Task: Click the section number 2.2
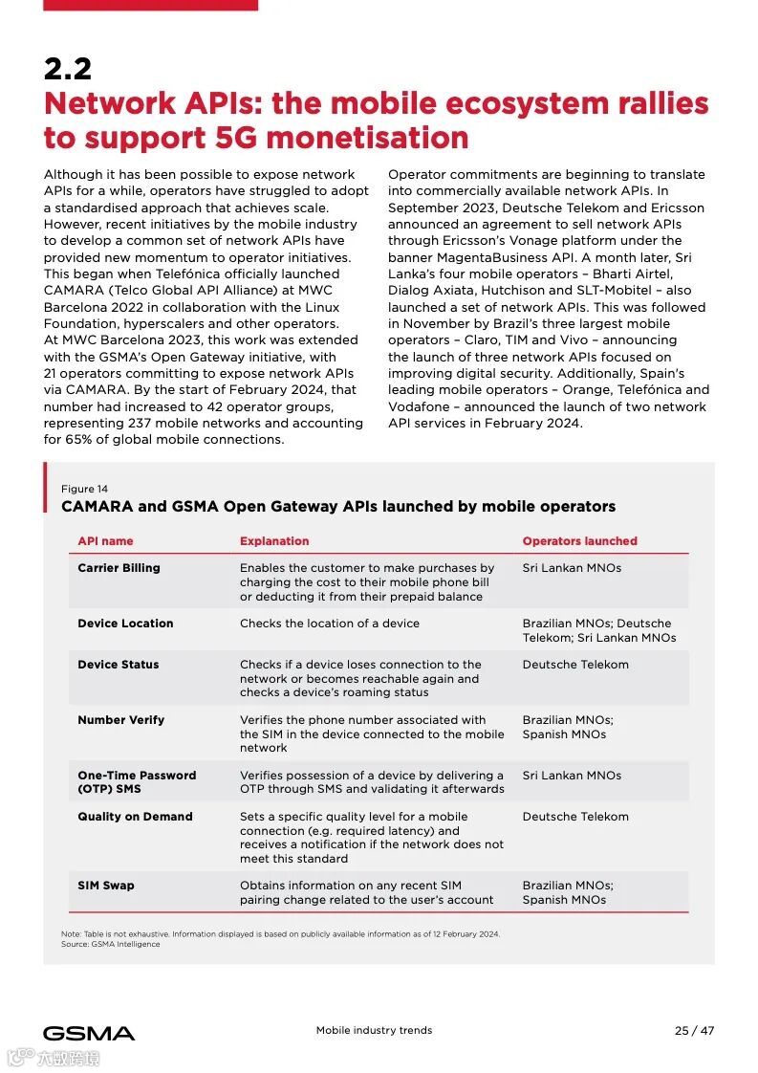pyautogui.click(x=67, y=70)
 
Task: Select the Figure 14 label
pyautogui.click(x=84, y=489)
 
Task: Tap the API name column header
pyautogui.click(x=105, y=541)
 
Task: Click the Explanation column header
pyautogui.click(x=274, y=541)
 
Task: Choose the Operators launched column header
pyautogui.click(x=579, y=541)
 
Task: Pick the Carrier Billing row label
pyautogui.click(x=119, y=568)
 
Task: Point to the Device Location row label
pyautogui.click(x=125, y=624)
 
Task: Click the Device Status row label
pyautogui.click(x=119, y=665)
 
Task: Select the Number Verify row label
pyautogui.click(x=120, y=720)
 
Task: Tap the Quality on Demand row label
pyautogui.click(x=135, y=817)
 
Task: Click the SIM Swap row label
pyautogui.click(x=105, y=886)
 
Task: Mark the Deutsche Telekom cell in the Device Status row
pyautogui.click(x=575, y=665)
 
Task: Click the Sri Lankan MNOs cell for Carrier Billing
pyautogui.click(x=572, y=568)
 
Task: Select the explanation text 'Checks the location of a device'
pyautogui.click(x=330, y=624)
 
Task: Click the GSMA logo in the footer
pyautogui.click(x=89, y=1033)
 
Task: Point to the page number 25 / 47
pyautogui.click(x=694, y=1031)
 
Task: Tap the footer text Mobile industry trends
pyautogui.click(x=374, y=1031)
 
